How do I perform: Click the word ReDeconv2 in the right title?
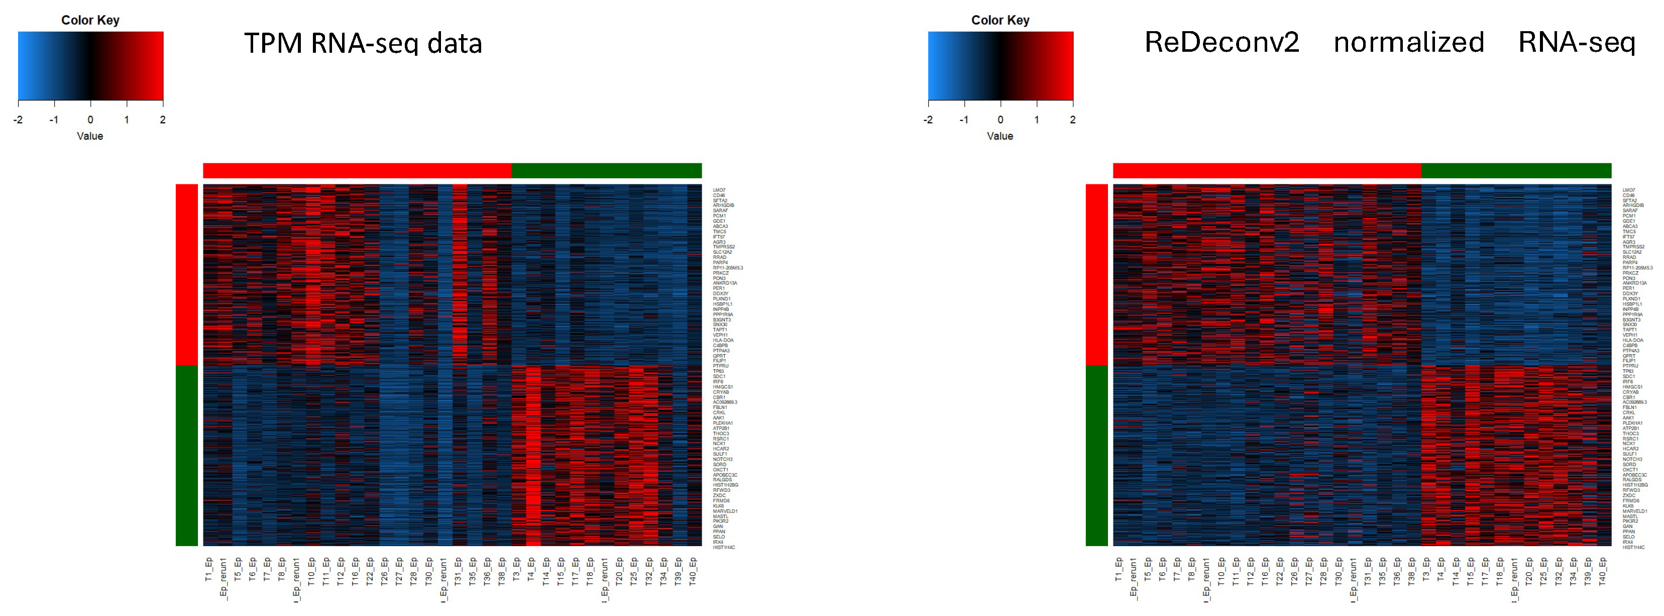tap(1221, 43)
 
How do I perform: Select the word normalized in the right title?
tap(1408, 43)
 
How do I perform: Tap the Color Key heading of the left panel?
tap(90, 20)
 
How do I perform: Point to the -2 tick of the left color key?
tap(18, 120)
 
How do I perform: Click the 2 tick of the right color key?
tap(1072, 120)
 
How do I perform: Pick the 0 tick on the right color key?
tap(1000, 120)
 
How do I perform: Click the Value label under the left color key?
tap(90, 136)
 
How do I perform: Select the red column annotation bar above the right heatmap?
tap(1266, 171)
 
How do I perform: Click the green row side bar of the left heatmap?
tap(187, 455)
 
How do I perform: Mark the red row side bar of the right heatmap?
tap(1096, 275)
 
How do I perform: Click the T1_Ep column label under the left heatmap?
tap(208, 569)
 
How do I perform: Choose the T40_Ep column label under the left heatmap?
tap(693, 571)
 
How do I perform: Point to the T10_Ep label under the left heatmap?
tap(311, 571)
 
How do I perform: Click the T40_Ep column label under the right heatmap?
tap(1603, 571)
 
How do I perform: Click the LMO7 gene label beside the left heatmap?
tap(718, 190)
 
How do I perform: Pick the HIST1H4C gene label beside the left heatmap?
tap(723, 548)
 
